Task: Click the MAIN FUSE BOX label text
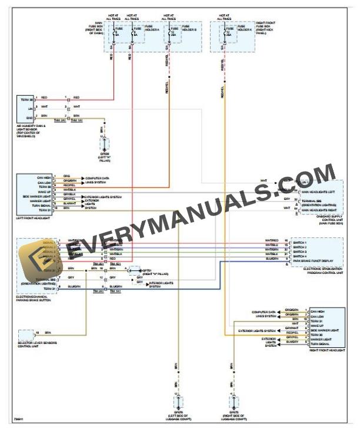coord(96,28)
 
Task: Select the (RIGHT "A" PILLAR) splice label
coord(154,274)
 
